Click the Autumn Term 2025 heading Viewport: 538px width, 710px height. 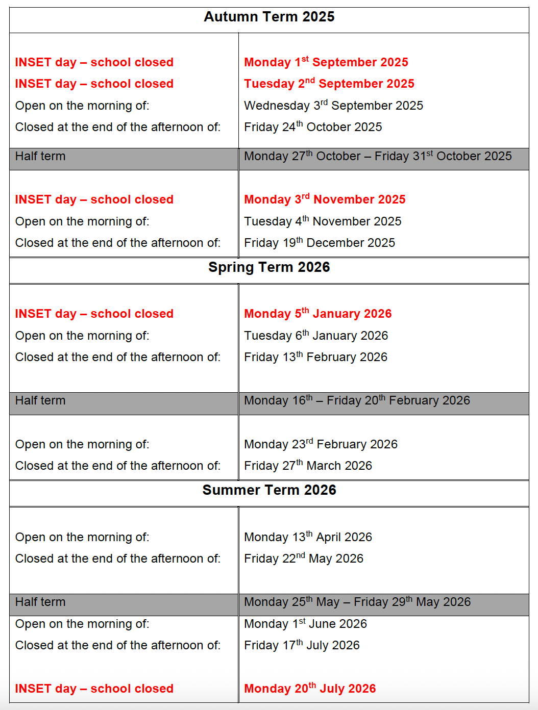point(269,17)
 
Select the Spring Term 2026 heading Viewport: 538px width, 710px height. point(269,267)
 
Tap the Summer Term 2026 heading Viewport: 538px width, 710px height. point(269,490)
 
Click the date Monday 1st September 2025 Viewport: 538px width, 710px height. point(326,62)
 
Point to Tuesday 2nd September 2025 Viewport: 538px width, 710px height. point(329,84)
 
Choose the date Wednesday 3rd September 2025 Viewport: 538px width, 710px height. point(333,106)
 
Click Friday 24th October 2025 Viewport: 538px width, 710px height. point(313,127)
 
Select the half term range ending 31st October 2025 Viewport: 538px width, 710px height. point(378,156)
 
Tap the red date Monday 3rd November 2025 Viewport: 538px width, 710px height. point(325,199)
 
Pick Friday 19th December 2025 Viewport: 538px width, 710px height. point(320,243)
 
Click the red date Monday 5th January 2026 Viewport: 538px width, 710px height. point(318,314)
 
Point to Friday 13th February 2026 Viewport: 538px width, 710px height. point(315,357)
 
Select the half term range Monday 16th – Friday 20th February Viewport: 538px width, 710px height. point(357,400)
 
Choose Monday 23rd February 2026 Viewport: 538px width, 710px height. point(321,444)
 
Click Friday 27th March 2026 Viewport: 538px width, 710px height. point(308,466)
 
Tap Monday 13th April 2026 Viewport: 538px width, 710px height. point(308,537)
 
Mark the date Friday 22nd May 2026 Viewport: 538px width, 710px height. point(304,559)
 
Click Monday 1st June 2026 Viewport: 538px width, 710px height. point(305,624)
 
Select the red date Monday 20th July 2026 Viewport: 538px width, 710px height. point(310,689)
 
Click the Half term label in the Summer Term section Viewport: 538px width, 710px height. point(40,602)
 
